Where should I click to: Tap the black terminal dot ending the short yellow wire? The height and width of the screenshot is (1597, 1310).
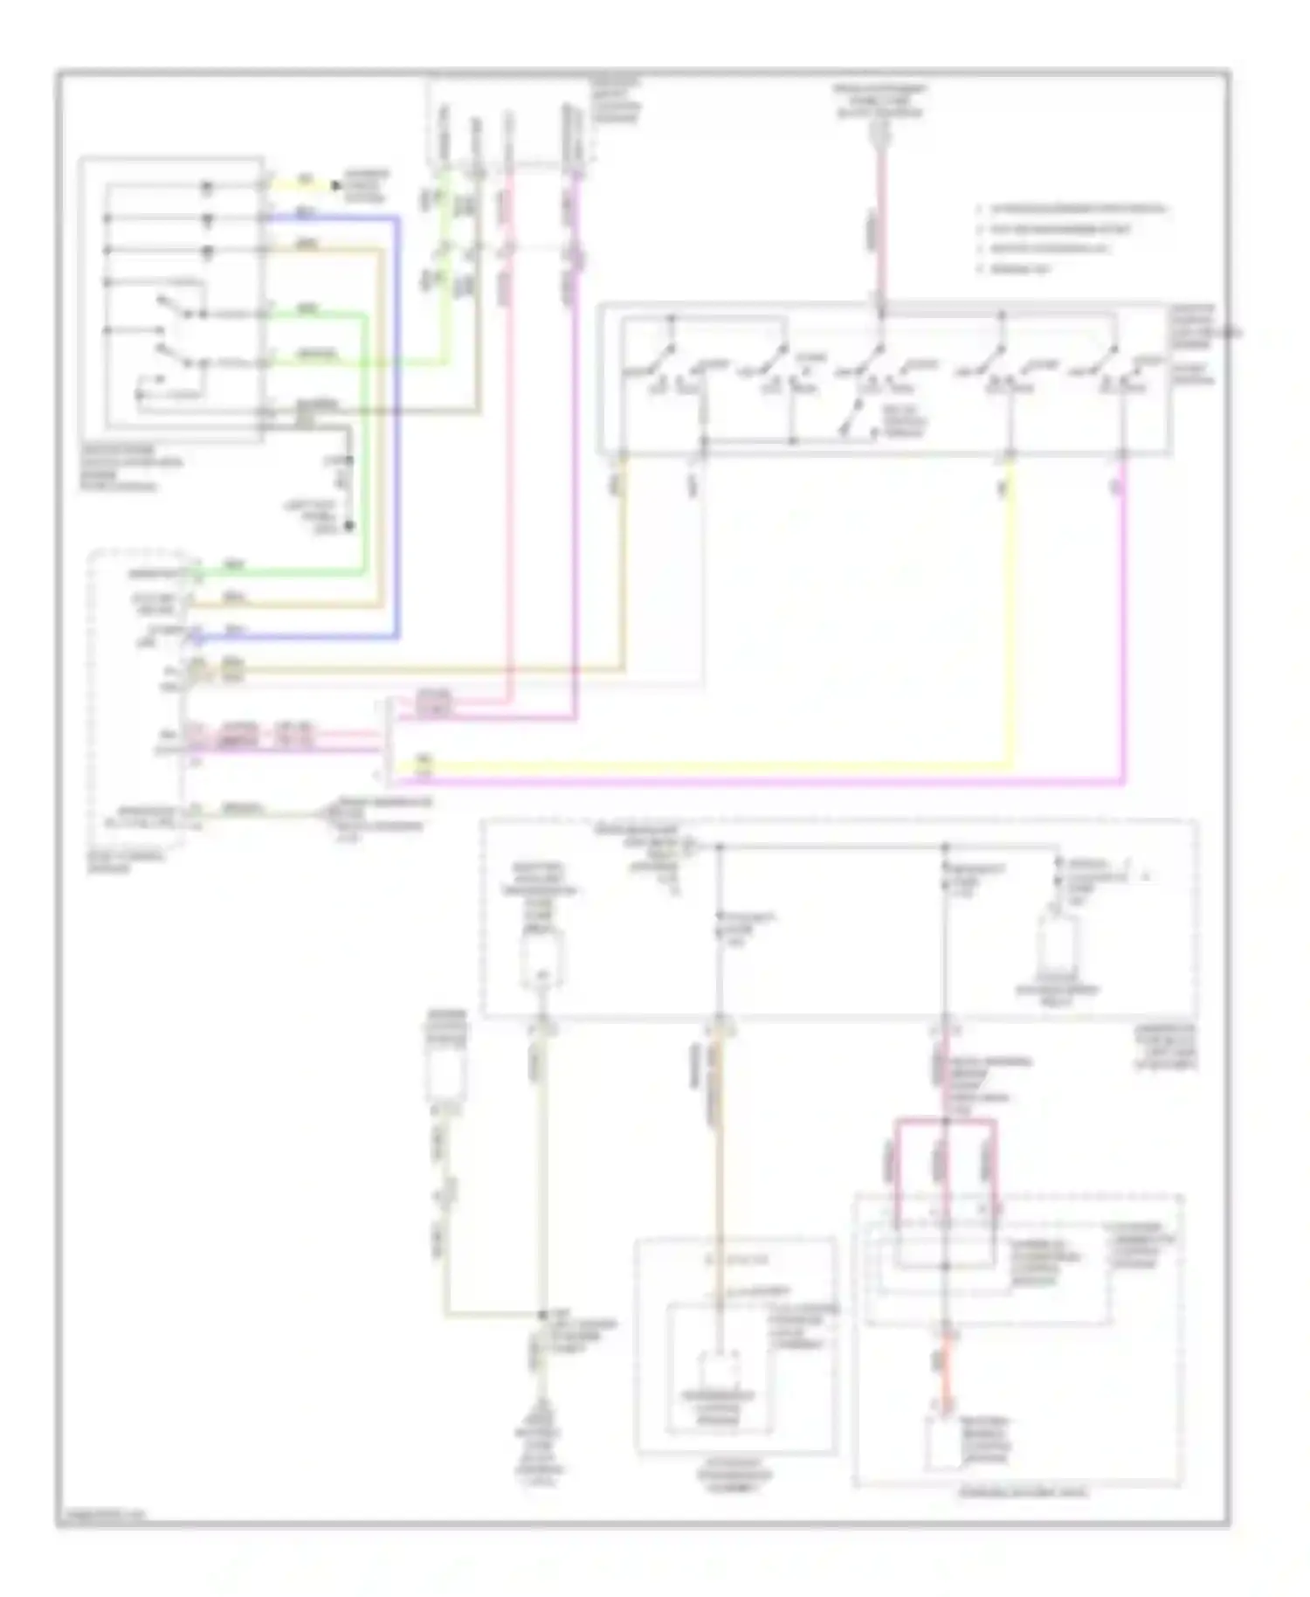335,185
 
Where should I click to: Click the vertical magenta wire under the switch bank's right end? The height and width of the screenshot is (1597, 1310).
1123,612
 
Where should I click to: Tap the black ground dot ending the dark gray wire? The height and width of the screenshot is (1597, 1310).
348,526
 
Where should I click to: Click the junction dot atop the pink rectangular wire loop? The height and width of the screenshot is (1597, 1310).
945,1121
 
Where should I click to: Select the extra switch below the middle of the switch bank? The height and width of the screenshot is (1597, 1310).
851,420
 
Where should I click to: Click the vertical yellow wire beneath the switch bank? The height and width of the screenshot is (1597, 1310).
1011,612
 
